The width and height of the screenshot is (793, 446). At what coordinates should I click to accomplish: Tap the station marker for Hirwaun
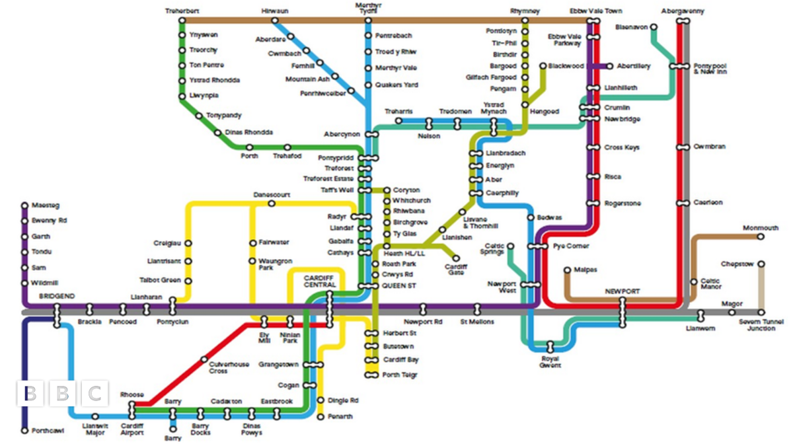point(274,20)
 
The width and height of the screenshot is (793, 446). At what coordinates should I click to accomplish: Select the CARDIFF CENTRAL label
point(320,281)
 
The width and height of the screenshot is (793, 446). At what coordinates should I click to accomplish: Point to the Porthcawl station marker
point(24,431)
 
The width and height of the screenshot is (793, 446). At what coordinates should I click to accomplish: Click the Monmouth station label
point(760,228)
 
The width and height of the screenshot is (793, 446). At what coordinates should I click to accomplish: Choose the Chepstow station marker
point(761,264)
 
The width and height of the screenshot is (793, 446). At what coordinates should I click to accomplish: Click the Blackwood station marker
point(543,66)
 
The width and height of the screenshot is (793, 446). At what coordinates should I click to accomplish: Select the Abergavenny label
point(683,11)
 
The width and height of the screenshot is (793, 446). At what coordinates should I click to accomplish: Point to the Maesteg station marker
point(24,205)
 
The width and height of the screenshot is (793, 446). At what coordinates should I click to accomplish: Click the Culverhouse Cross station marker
point(204,360)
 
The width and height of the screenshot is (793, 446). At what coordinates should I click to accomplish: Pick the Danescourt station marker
point(272,204)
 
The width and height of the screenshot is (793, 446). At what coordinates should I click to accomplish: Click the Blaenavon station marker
point(654,27)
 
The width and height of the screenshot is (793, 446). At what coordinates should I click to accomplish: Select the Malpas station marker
point(567,270)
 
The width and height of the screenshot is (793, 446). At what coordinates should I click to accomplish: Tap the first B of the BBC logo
point(30,394)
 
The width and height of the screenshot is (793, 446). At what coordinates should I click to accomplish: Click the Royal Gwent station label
point(550,361)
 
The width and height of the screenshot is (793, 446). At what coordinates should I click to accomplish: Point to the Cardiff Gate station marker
point(456,258)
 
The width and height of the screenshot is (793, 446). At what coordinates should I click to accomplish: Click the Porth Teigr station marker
point(369,375)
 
